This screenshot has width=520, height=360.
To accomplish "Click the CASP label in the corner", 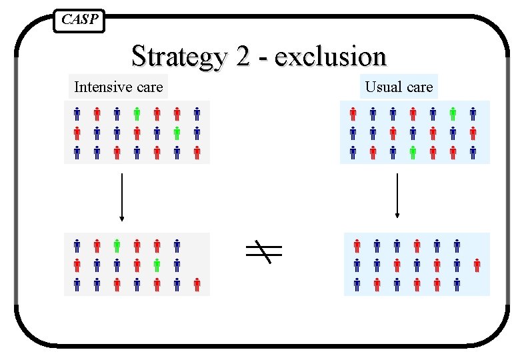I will coord(79,20).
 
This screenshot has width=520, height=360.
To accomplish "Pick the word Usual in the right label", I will coord(381,87).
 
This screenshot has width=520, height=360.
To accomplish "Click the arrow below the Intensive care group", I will coord(121,196).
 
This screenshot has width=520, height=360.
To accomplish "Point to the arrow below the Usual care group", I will coord(397,196).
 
